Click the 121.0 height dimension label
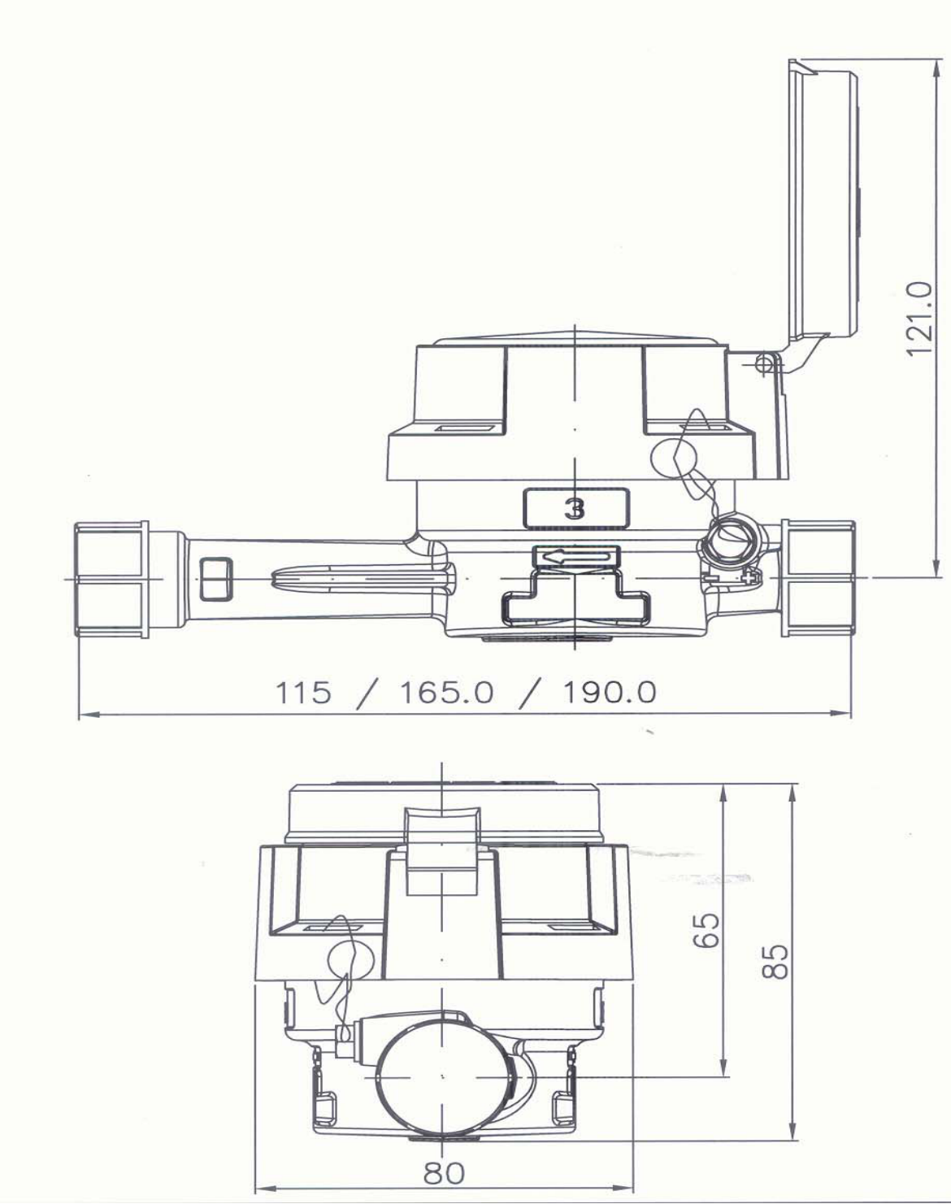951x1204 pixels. point(919,319)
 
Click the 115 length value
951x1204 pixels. point(303,693)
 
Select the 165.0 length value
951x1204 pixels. point(446,693)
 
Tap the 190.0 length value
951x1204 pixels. point(609,693)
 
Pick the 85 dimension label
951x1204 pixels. point(775,961)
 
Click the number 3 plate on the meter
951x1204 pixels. point(575,509)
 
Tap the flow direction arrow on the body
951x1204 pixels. point(576,557)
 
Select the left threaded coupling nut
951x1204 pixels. point(112,579)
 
